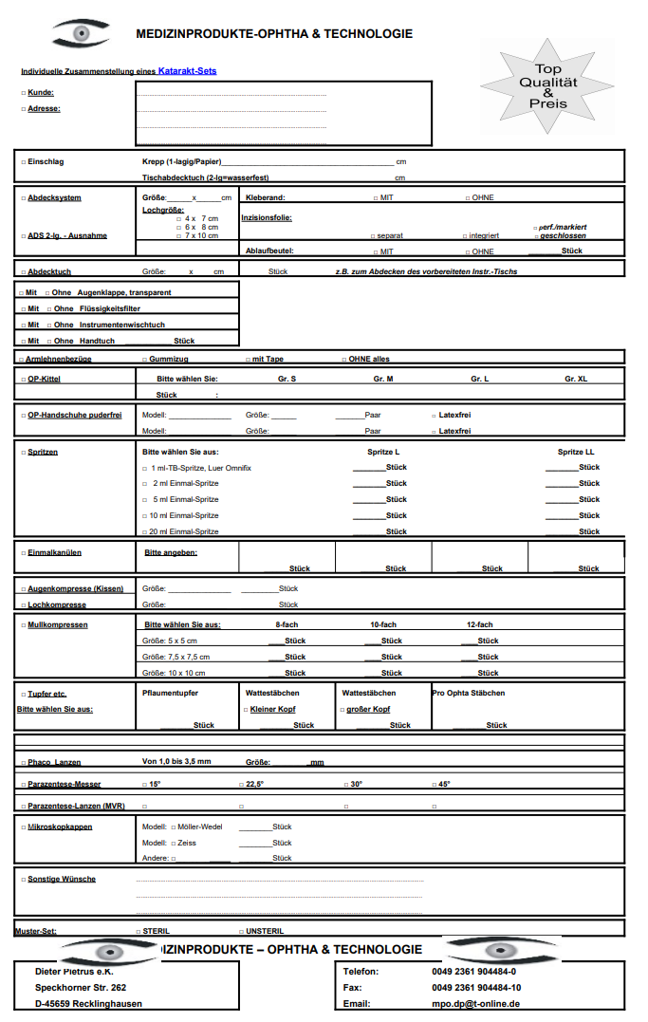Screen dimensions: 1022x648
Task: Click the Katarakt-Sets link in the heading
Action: coord(187,71)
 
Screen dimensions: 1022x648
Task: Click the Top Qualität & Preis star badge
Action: coord(547,86)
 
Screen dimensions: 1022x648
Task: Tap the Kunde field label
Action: coord(41,93)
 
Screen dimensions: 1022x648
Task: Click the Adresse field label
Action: coord(44,109)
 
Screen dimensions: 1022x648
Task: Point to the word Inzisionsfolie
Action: coord(267,217)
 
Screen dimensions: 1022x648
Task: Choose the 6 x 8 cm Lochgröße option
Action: coord(201,227)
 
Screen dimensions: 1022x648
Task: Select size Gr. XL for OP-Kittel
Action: coord(576,379)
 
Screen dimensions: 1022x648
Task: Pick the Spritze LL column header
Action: coord(576,452)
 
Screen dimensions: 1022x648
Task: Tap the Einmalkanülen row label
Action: coord(55,551)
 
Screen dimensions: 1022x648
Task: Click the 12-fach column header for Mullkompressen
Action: coord(479,624)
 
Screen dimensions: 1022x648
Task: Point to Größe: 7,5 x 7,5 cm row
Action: coord(176,657)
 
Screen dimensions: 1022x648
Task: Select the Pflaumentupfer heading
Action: coord(170,693)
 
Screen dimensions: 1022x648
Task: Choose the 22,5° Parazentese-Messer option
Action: coord(253,784)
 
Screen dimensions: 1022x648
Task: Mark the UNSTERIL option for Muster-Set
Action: coord(265,931)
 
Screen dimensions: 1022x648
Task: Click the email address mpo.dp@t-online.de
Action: coord(475,1003)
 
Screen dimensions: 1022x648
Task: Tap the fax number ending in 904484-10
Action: coord(475,987)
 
